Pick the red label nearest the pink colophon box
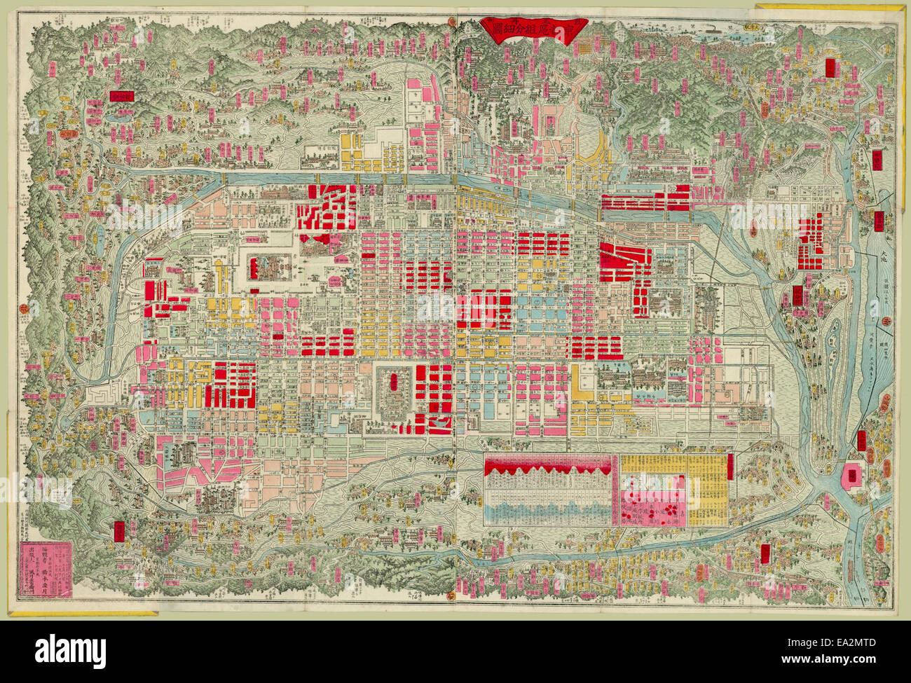tap(120, 530)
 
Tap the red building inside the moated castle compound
tap(268, 265)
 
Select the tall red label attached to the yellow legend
tap(730, 467)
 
